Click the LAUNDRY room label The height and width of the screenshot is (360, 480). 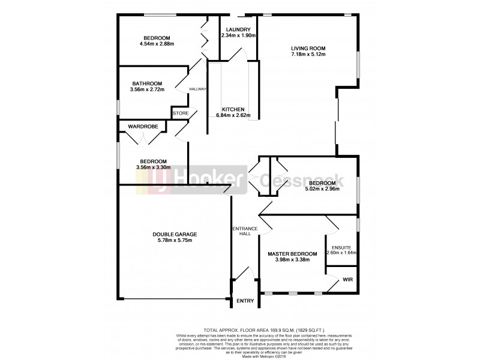[x=238, y=29]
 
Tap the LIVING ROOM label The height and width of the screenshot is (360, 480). [x=308, y=48]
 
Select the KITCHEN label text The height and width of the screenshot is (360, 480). [x=233, y=109]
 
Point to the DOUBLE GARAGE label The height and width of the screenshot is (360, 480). [x=175, y=234]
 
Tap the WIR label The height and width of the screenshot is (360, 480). [x=347, y=280]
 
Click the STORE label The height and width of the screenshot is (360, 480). [x=181, y=113]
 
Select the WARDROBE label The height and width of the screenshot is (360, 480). [x=143, y=127]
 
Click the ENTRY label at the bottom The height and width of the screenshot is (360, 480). [x=245, y=301]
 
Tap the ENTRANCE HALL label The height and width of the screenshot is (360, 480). [x=244, y=231]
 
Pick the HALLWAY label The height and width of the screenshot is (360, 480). [x=197, y=89]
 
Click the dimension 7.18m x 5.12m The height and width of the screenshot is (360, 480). [x=308, y=55]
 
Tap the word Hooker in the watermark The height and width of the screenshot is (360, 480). [x=202, y=180]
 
